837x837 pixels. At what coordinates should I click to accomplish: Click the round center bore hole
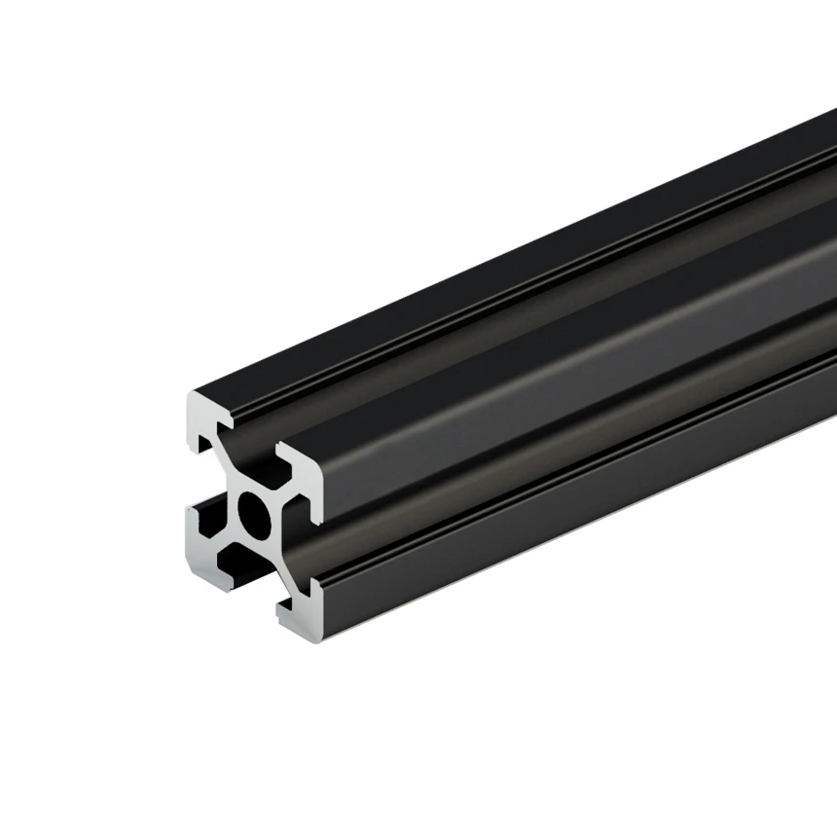255,514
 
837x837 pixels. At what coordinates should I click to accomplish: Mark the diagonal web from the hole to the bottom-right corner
282,564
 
